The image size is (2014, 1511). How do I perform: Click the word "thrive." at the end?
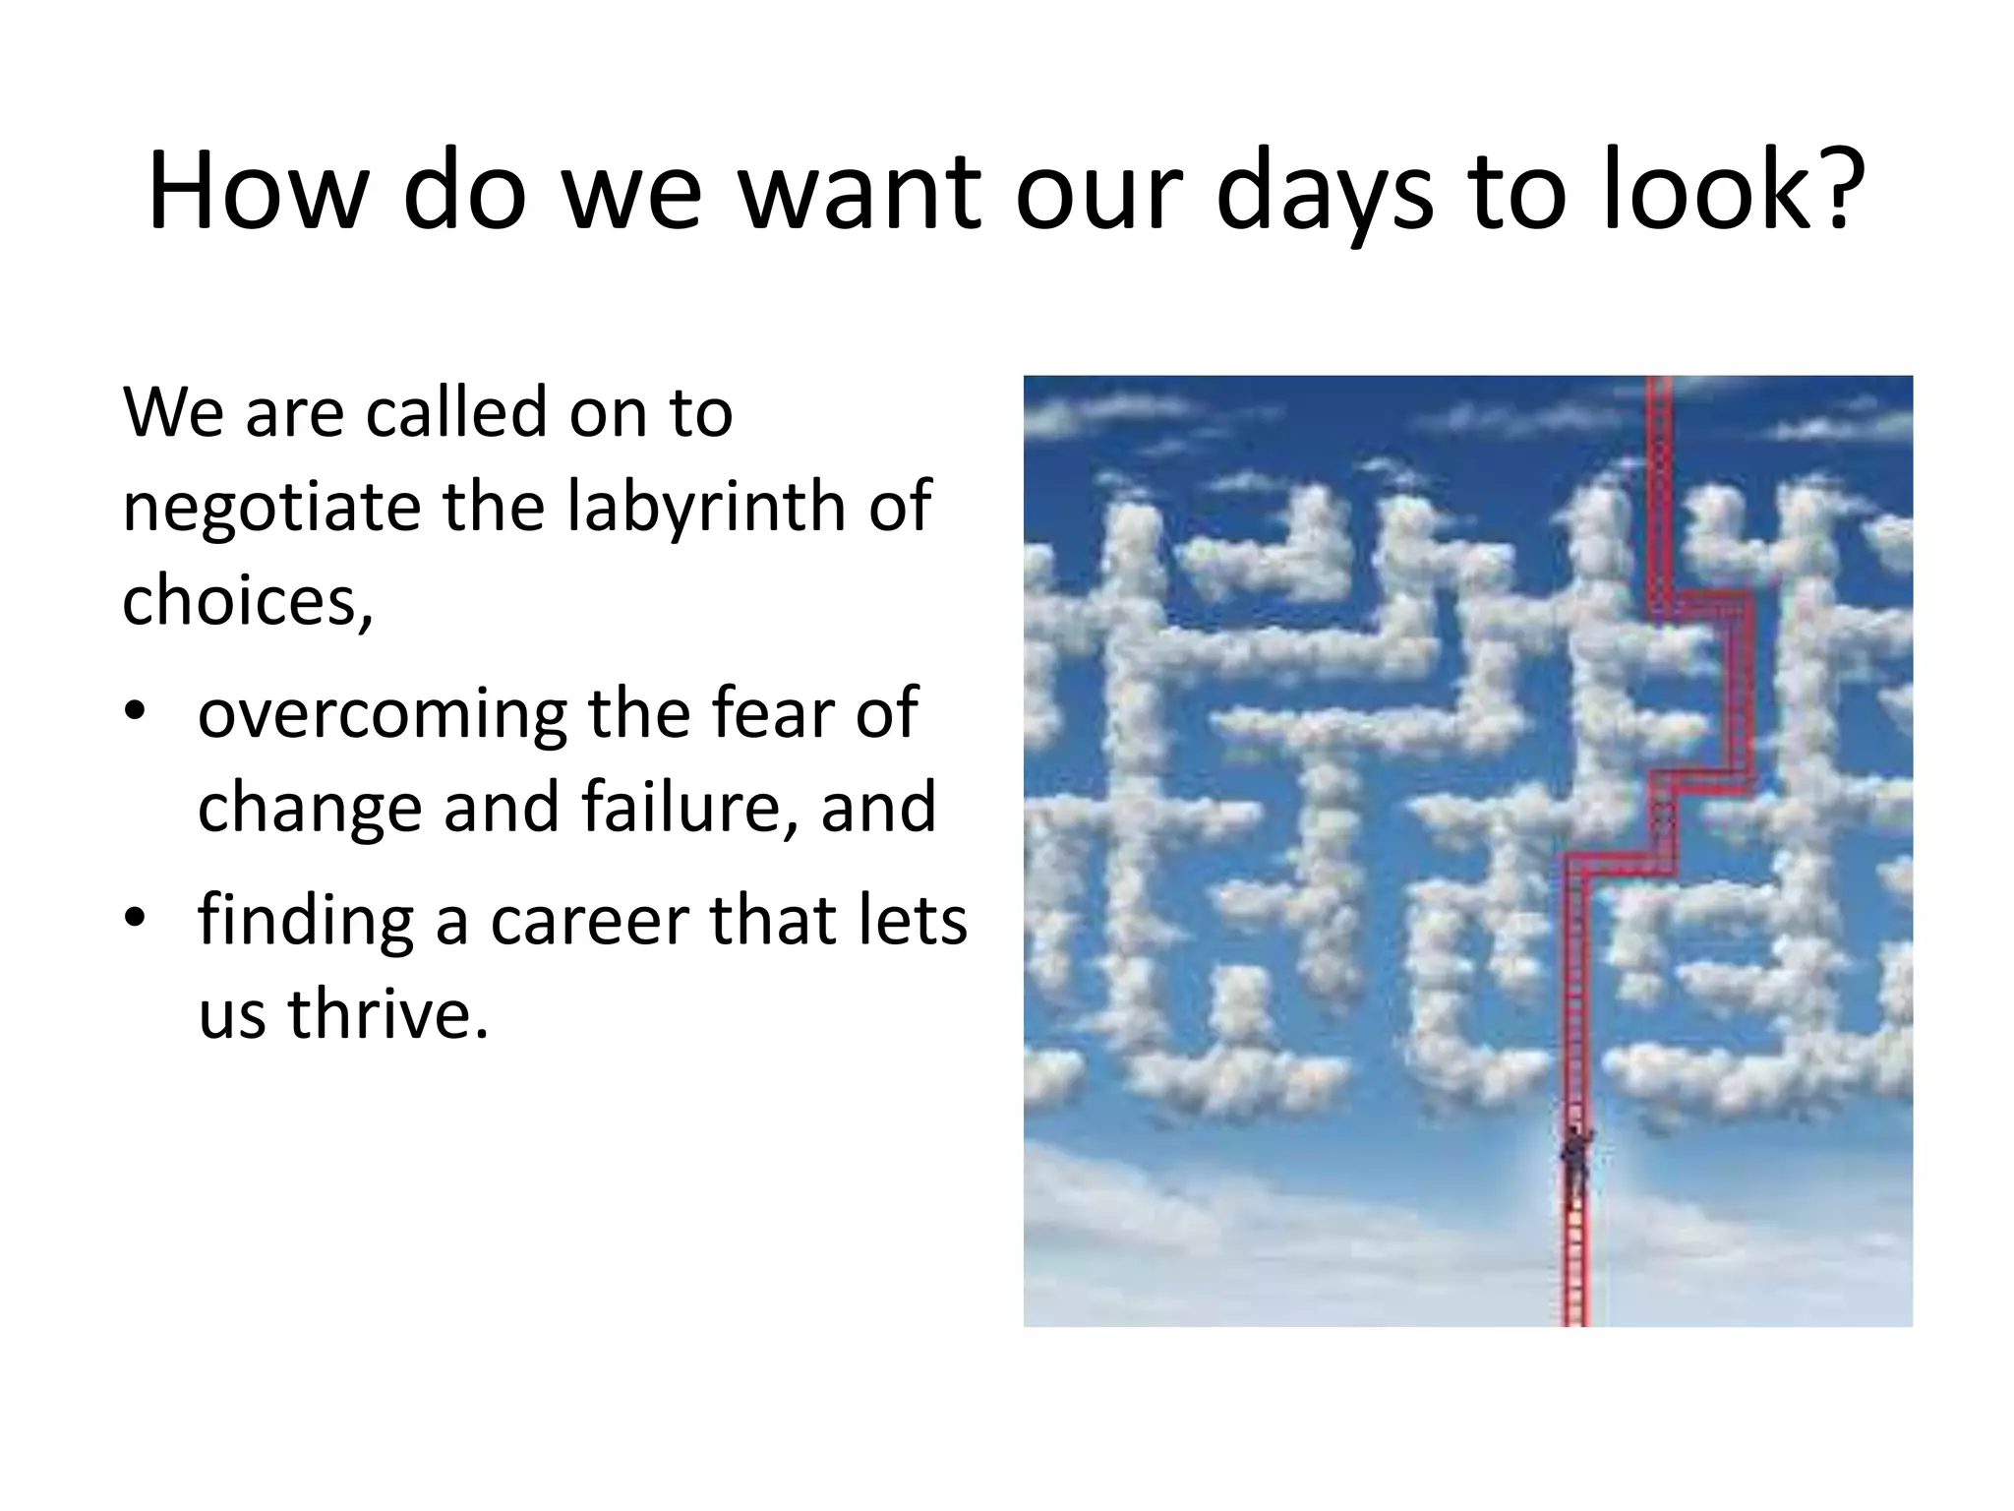coord(387,1014)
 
